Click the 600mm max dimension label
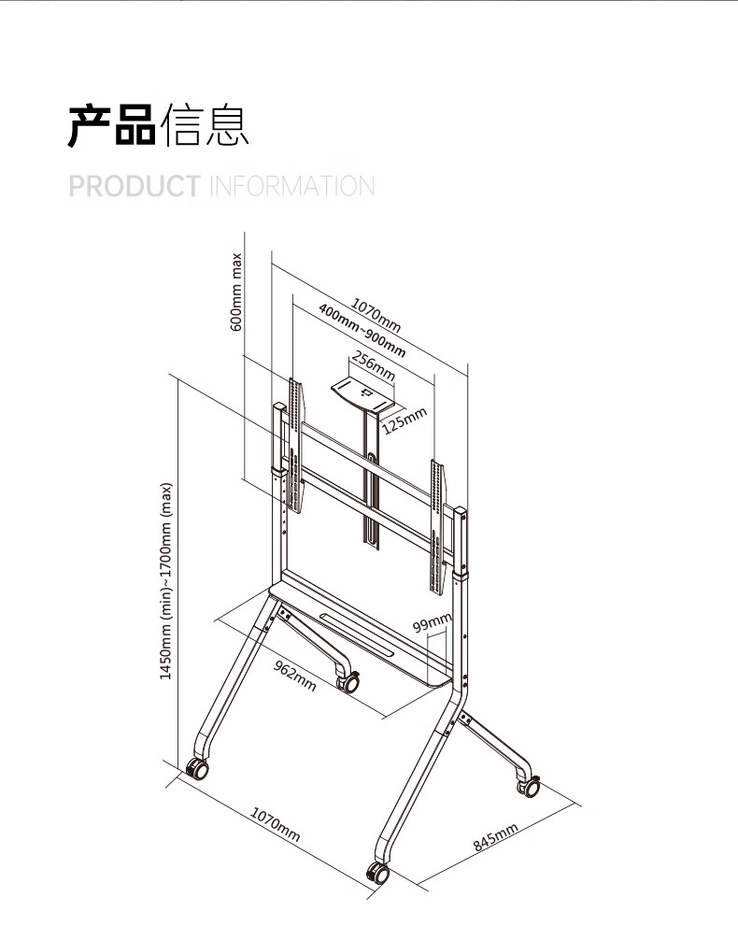coord(236,292)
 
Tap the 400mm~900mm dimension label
coord(362,331)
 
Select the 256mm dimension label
coord(373,365)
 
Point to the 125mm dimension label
coord(404,420)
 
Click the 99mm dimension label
coord(433,622)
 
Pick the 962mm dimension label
coord(294,676)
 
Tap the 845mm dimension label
coord(495,837)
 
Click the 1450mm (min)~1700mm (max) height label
coord(166,581)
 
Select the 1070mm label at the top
coord(376,315)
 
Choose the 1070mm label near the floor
coord(276,824)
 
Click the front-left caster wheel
coord(197,769)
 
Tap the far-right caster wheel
coord(529,786)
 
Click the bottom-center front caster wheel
coord(377,872)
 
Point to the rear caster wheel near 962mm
coord(348,682)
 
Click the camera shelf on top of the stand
coord(362,394)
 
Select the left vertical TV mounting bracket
coord(296,446)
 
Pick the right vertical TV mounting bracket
coord(437,527)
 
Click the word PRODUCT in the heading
coord(135,186)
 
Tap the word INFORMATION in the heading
coord(292,186)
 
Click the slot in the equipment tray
coord(357,633)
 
